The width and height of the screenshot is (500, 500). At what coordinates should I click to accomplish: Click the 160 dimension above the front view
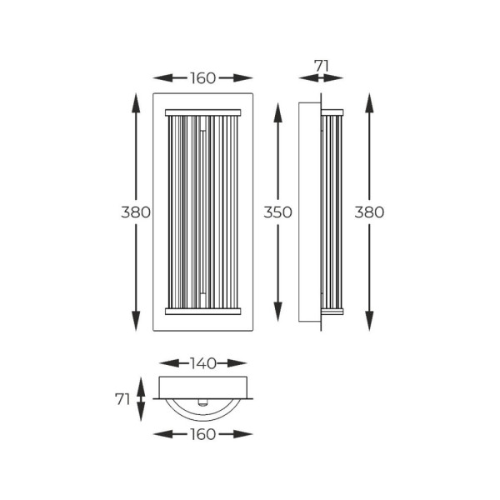pyautogui.click(x=203, y=78)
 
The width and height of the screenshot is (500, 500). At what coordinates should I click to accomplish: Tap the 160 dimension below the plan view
pyautogui.click(x=203, y=434)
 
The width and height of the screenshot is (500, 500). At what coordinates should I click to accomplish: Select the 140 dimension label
pyautogui.click(x=203, y=363)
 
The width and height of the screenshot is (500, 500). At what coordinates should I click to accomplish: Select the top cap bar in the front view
pyautogui.click(x=203, y=111)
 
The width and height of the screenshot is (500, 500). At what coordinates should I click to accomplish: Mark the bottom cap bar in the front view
pyautogui.click(x=203, y=312)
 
